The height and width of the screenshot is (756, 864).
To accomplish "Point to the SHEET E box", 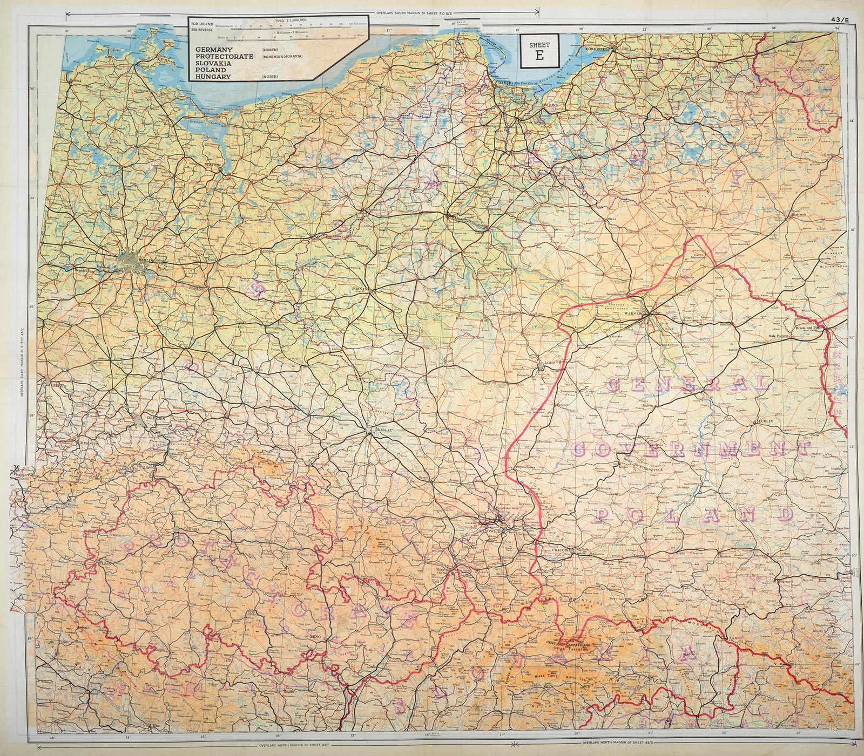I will click(x=539, y=51).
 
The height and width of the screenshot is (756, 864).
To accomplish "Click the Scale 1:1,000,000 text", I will click(x=291, y=20).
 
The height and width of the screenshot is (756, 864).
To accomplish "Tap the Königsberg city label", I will click(x=597, y=49).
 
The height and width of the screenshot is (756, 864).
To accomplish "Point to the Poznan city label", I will click(x=360, y=289).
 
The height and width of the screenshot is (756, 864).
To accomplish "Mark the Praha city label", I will click(x=194, y=530).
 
